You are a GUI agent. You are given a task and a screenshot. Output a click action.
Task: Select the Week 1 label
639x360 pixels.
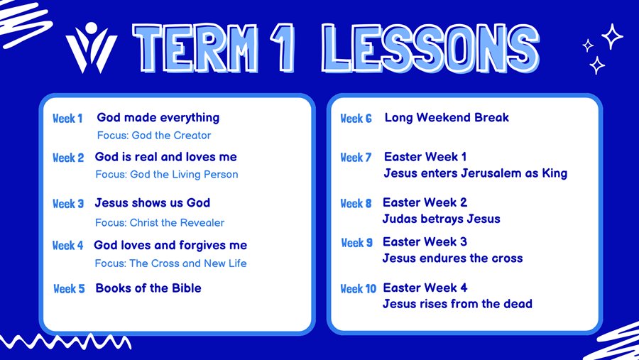pos(67,119)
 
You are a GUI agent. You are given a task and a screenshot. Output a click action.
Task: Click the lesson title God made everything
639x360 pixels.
pos(158,118)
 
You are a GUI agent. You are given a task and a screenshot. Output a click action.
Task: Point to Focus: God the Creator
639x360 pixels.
pos(153,135)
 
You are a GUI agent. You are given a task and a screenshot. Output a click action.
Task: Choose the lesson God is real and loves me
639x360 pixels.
pos(165,157)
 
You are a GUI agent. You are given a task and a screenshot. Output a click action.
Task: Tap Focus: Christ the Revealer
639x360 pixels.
pos(159,222)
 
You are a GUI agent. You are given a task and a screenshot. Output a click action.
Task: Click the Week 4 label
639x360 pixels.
pos(67,246)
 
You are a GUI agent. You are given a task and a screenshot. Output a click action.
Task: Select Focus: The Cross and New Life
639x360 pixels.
pos(170,263)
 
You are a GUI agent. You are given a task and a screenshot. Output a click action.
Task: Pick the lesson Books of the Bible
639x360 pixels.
pos(148,288)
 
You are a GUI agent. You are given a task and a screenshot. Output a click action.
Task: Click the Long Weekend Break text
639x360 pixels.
pos(447,118)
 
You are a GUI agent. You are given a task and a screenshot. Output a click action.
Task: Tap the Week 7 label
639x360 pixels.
pos(356,158)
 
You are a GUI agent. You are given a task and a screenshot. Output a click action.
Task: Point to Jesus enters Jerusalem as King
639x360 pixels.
pos(475,173)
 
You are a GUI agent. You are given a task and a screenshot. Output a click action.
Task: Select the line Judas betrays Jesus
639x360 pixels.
pos(441,219)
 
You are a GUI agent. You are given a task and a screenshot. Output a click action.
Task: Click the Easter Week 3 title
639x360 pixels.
pos(425,242)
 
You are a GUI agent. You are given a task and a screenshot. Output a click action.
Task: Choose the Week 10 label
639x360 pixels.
pos(358,289)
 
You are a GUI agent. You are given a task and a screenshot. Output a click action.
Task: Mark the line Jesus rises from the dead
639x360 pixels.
pos(457,304)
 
